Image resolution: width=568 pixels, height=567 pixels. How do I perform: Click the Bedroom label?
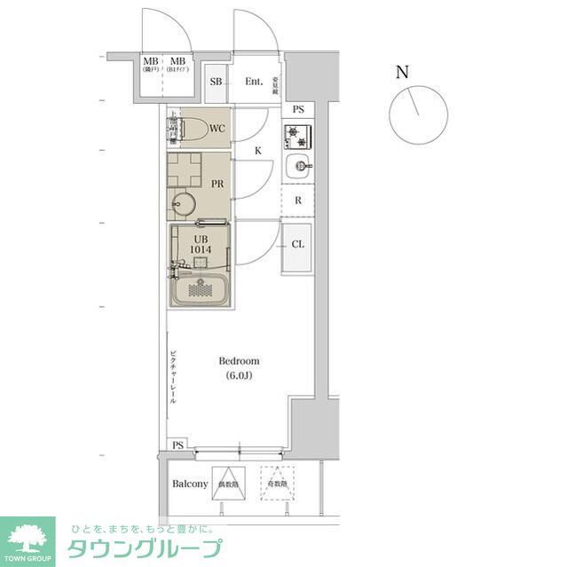pos(240,361)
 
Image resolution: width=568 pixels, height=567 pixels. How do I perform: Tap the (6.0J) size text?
pos(240,375)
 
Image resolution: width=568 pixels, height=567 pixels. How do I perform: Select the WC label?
pos(217,129)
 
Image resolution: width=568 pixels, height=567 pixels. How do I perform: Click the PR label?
pos(217,184)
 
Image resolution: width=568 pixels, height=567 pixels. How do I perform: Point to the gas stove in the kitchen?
pos(297,137)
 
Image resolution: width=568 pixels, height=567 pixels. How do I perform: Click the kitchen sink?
pos(299,165)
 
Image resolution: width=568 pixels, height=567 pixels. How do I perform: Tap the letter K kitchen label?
pos(257,151)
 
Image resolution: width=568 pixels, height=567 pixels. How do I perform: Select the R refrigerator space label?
pos(298,201)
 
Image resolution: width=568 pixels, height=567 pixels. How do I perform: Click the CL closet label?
pos(298,244)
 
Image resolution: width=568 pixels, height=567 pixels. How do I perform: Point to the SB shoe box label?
pos(216,82)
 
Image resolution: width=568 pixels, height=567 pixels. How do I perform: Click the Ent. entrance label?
pos(255,82)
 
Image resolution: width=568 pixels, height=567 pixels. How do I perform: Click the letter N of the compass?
pos(402,73)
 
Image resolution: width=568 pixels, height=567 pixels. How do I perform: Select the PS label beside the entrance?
pos(298,109)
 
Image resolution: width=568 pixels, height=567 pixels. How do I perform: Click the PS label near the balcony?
pos(178,445)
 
